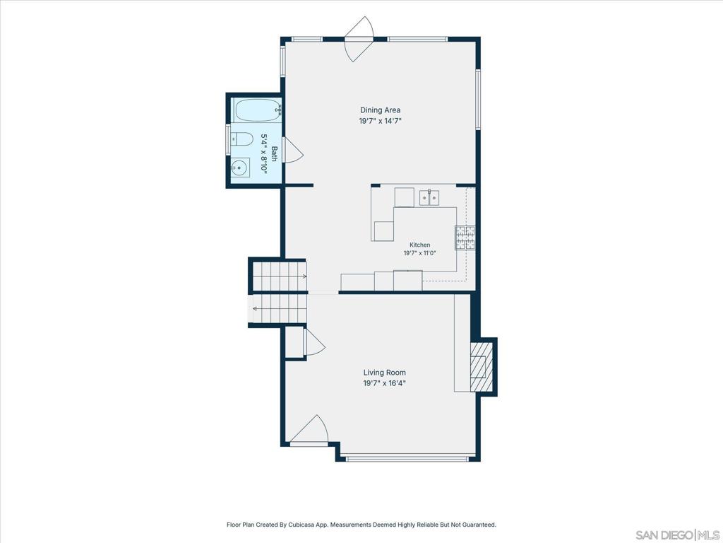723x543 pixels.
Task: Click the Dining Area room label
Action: coord(380,110)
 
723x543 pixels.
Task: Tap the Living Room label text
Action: coord(385,373)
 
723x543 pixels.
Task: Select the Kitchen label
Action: coord(419,245)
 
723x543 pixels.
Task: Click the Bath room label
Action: coord(274,153)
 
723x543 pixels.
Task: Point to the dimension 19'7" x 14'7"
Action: coord(381,121)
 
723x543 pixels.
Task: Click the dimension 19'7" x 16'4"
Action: coord(385,383)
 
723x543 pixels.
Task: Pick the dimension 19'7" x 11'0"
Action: coord(419,253)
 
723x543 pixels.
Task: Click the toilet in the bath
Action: coord(241,139)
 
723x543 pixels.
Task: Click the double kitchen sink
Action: coord(429,198)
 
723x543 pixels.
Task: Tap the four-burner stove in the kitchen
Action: coord(465,238)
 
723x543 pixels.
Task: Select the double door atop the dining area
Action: coord(359,40)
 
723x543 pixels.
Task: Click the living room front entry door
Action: coord(310,429)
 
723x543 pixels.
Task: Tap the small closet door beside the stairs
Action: coord(314,342)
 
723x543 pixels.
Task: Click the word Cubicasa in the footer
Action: coord(301,525)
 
